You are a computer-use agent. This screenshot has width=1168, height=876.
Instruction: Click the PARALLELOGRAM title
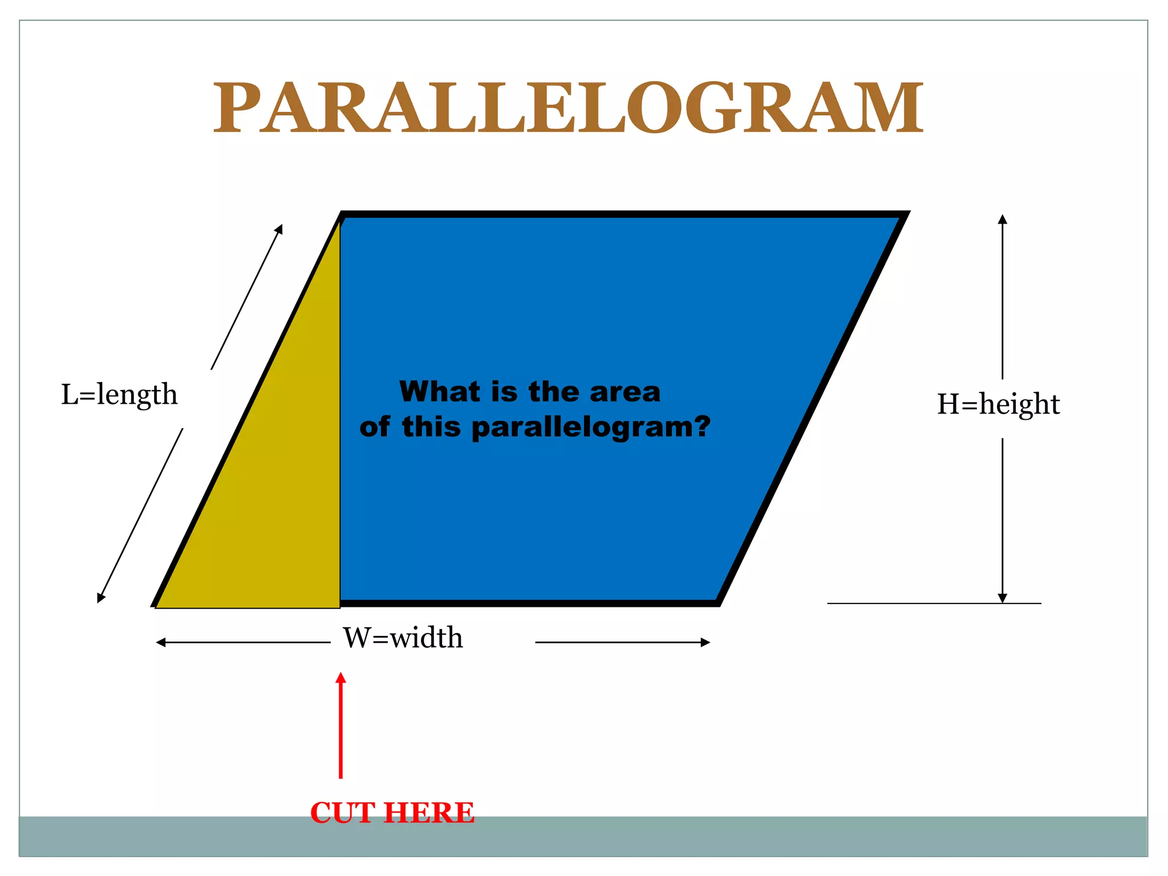(x=568, y=108)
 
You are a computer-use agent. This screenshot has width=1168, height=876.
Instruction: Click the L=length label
(x=119, y=394)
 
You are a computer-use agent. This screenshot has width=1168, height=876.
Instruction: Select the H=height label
(x=998, y=404)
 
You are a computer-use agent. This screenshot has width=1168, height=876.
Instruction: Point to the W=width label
(x=403, y=638)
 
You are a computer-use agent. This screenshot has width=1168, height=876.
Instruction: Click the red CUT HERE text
(x=392, y=812)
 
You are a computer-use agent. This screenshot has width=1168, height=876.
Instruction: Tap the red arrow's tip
(x=340, y=675)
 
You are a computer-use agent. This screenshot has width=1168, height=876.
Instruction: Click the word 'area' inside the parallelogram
(x=625, y=392)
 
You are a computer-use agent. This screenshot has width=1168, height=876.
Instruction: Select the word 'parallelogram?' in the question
(x=591, y=427)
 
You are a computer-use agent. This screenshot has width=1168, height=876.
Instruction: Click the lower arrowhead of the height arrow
(x=1002, y=599)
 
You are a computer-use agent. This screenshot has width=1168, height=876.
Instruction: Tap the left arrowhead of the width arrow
(x=160, y=642)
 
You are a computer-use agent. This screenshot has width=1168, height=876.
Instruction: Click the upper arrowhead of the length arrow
(x=280, y=228)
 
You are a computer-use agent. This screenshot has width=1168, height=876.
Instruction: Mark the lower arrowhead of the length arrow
(x=100, y=599)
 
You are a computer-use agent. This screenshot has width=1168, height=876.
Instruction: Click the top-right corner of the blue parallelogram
(x=906, y=214)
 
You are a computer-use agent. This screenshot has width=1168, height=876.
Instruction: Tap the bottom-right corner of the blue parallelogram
(x=719, y=603)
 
